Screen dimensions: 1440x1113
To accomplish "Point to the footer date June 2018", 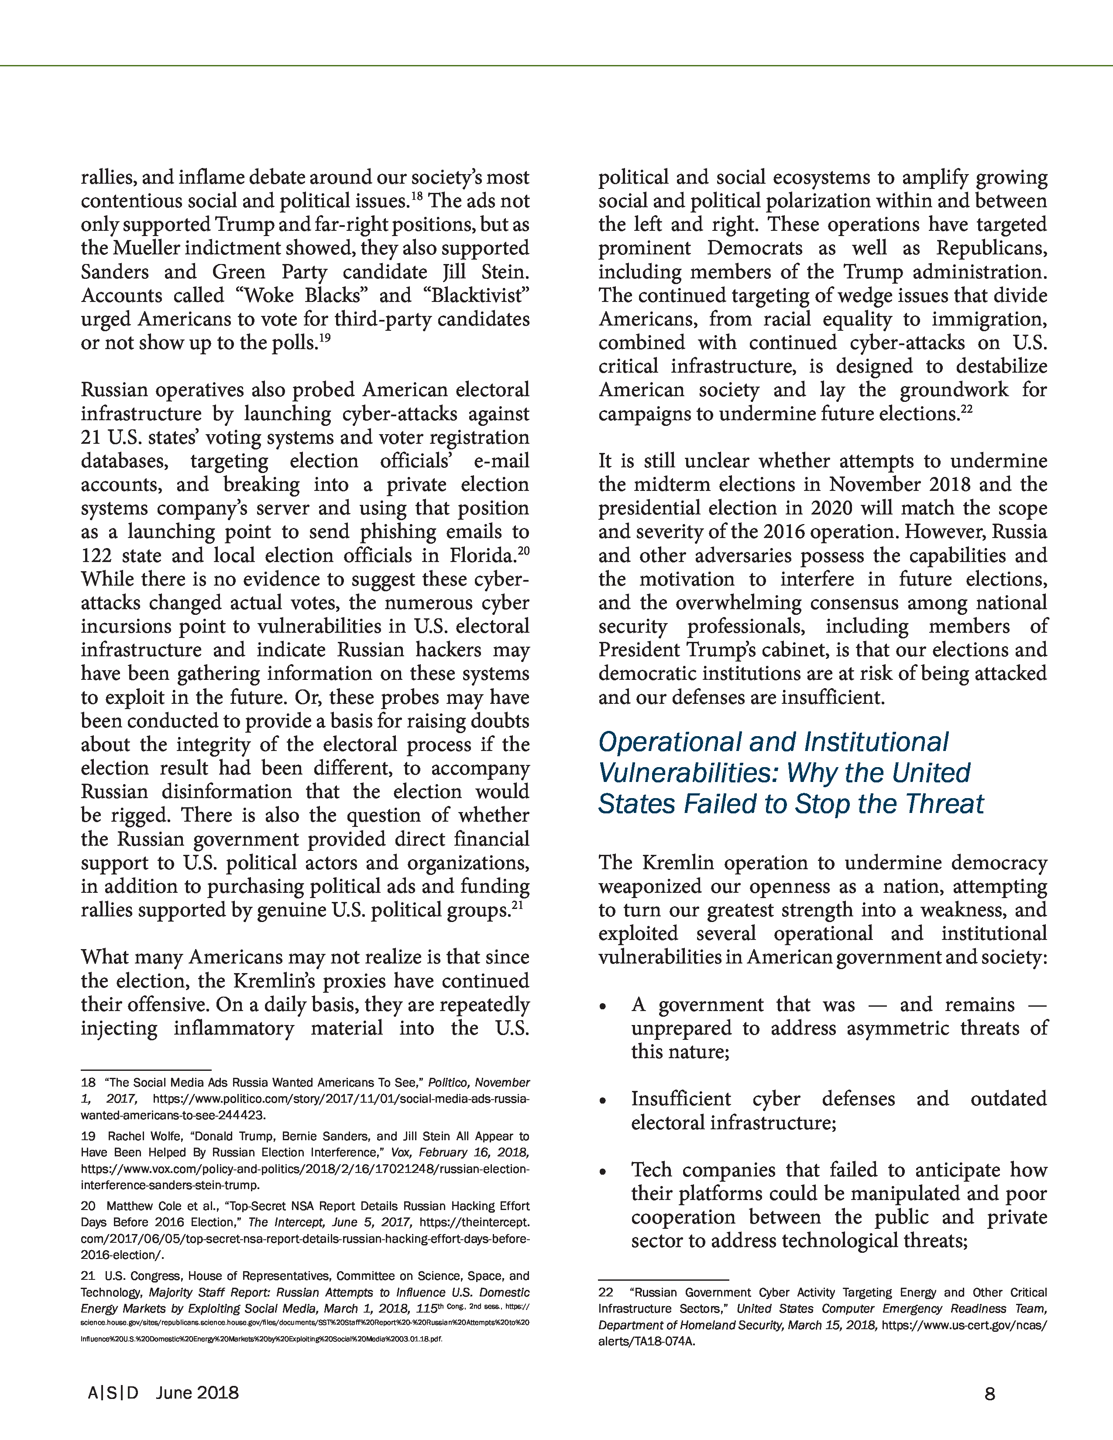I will pos(197,1393).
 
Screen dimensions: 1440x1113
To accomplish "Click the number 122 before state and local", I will pos(97,556).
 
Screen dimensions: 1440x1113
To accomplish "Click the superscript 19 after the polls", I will pos(324,338).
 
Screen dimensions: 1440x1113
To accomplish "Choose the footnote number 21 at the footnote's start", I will pos(88,1276).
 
